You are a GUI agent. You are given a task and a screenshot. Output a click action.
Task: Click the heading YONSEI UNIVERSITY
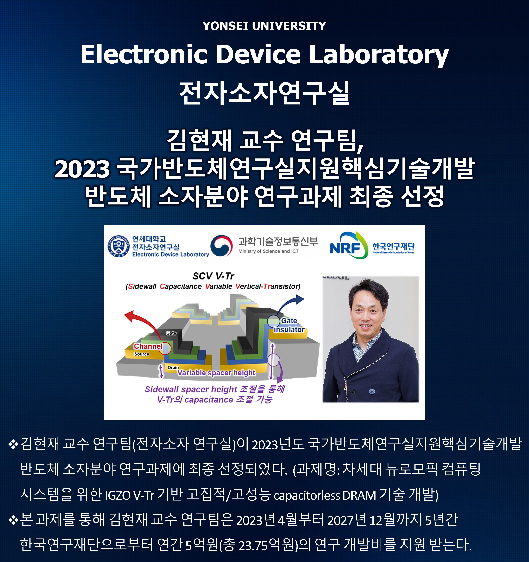[264, 26]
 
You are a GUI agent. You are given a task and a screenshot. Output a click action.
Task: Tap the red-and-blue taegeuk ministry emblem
[221, 246]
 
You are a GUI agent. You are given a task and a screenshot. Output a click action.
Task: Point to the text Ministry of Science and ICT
[268, 251]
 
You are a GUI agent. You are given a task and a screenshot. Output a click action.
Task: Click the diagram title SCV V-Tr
[213, 276]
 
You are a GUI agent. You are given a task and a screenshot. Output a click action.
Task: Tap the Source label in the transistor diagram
[142, 354]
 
